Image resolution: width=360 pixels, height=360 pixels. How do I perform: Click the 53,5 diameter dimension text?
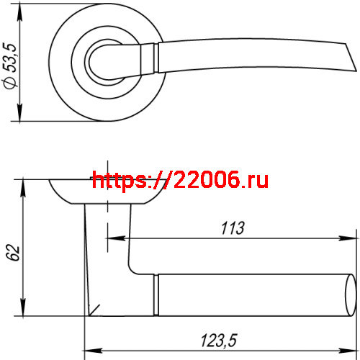tap(10, 60)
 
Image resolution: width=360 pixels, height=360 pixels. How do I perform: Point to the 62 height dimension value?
tap(11, 254)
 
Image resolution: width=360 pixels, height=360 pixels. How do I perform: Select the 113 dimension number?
tap(232, 228)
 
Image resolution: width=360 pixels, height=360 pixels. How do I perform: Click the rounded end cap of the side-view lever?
tap(351, 295)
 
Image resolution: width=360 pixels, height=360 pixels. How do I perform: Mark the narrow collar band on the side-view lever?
tap(156, 295)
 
